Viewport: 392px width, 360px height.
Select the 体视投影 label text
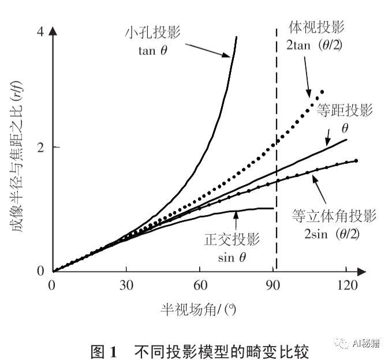tap(316, 27)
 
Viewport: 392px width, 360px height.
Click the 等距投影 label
tap(345, 111)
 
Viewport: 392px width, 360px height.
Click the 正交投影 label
tap(233, 239)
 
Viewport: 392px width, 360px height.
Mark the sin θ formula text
tap(232, 257)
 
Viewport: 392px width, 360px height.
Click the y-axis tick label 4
tap(40, 33)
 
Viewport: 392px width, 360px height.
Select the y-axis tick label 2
tap(40, 147)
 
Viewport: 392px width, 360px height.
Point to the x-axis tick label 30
tap(126, 285)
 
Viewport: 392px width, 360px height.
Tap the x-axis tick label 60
tap(200, 285)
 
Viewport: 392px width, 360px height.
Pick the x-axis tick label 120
tap(347, 285)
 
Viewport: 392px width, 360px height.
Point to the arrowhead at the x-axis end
tap(364, 271)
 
